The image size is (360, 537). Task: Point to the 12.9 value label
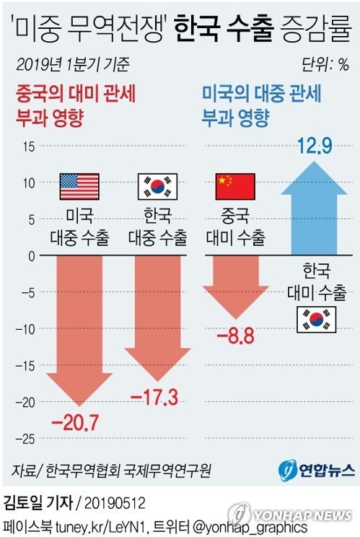[314, 147]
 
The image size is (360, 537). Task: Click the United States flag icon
[79, 186]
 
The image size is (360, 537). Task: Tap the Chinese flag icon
[236, 186]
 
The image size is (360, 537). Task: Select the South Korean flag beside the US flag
[157, 186]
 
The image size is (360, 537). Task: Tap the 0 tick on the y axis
[31, 256]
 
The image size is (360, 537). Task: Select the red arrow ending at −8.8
[236, 285]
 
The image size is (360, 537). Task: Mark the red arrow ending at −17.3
[157, 318]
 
